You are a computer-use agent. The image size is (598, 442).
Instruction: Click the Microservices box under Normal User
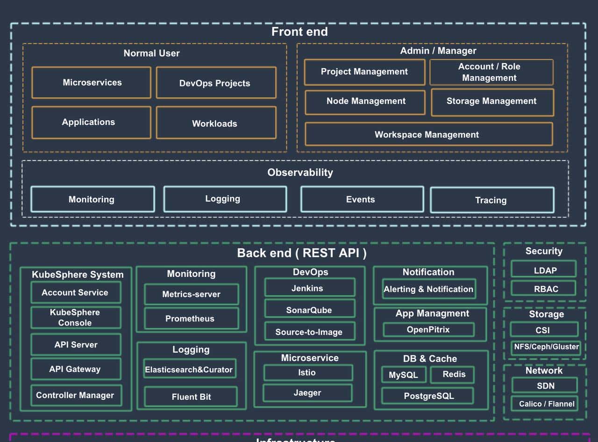tap(92, 83)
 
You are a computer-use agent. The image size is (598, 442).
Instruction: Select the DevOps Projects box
tap(216, 83)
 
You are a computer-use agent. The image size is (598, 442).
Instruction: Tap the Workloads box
tap(216, 123)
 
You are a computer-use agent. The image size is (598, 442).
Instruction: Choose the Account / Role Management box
tap(491, 72)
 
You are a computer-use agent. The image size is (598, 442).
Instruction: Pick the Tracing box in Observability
tap(492, 200)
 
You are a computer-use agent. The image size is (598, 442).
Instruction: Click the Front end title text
tap(299, 32)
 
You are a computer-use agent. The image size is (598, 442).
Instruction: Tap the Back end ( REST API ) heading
tap(301, 253)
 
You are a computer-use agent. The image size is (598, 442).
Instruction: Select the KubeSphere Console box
tap(76, 317)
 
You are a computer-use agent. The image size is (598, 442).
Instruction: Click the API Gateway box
tap(76, 369)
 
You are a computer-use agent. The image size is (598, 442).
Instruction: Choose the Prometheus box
tap(191, 319)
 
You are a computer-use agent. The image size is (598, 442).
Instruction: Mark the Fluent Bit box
tap(191, 397)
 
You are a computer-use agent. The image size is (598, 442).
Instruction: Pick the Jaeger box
tap(307, 393)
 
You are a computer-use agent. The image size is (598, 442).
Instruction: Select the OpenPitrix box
tap(428, 329)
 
